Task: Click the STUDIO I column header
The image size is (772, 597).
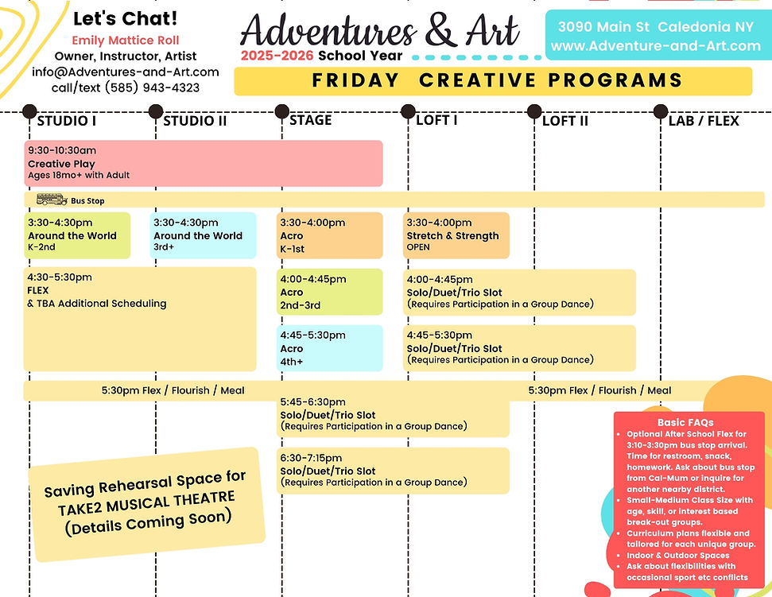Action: (x=67, y=121)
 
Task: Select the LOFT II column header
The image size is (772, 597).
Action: (x=564, y=121)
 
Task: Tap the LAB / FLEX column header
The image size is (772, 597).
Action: (x=704, y=121)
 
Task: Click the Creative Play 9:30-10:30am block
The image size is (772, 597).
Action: (x=204, y=163)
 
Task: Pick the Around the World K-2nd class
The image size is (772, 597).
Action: (x=78, y=235)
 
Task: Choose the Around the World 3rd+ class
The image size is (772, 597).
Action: (x=204, y=235)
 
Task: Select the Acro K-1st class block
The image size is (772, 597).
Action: (x=329, y=235)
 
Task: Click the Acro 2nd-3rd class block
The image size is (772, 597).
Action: (x=329, y=292)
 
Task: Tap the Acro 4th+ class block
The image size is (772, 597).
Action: (x=329, y=348)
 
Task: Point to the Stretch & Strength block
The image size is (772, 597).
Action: (x=456, y=235)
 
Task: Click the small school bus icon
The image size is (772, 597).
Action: (x=52, y=200)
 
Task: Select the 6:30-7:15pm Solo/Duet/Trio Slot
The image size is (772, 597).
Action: (x=393, y=470)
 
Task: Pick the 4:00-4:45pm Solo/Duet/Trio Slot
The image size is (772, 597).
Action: (x=520, y=292)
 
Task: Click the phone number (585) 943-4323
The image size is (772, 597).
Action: (x=126, y=87)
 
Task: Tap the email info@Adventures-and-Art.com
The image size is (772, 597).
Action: (x=126, y=72)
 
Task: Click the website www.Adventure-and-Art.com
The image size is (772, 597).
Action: (x=655, y=46)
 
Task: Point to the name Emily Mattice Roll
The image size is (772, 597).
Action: (x=126, y=40)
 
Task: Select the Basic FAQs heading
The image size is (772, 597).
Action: (x=685, y=422)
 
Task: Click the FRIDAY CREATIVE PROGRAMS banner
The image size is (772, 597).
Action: (x=493, y=80)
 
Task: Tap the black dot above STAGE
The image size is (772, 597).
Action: (x=281, y=111)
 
